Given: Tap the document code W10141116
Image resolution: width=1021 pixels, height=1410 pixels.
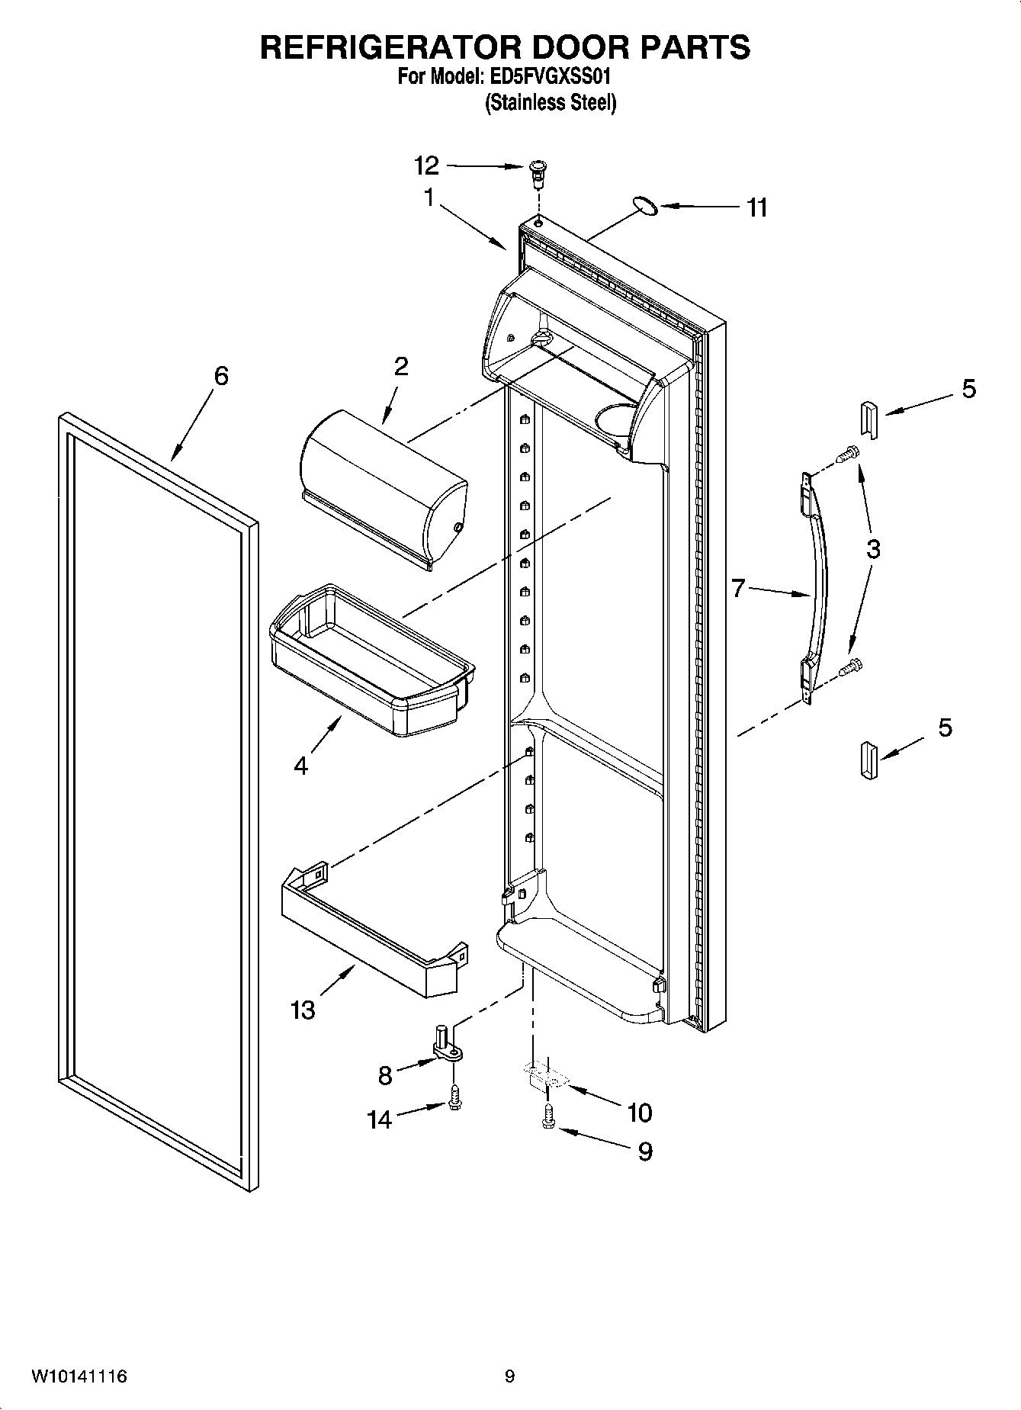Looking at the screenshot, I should point(79,1376).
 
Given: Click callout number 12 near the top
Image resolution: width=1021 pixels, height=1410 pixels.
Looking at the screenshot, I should point(427,165).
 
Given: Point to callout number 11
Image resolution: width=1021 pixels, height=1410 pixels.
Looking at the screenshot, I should point(756,207).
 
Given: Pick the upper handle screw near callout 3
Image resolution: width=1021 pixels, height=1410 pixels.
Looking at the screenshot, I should point(847,456).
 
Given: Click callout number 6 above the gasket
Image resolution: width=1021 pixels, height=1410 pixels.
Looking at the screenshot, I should point(220,376).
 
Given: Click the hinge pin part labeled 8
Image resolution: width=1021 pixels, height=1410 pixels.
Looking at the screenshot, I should point(447,1044).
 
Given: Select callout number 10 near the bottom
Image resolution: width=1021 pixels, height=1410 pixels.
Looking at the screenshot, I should point(639,1113).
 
